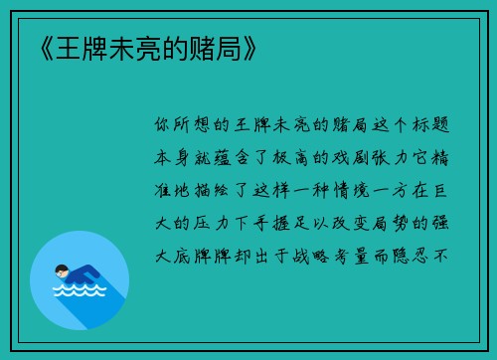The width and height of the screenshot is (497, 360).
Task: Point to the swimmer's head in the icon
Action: click(62, 270)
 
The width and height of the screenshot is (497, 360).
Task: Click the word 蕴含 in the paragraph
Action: click(239, 156)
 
